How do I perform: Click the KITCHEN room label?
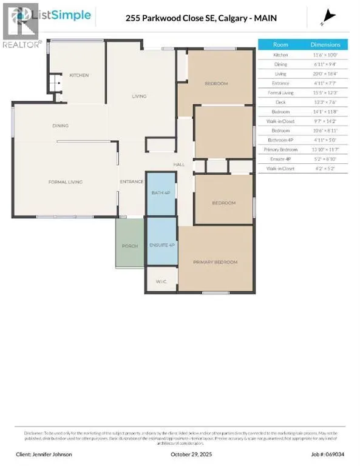79,75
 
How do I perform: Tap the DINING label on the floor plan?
60,126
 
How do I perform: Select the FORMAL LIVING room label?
66,181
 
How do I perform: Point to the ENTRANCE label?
131,181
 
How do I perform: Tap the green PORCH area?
130,245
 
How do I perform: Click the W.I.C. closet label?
161,281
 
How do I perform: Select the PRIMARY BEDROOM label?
215,262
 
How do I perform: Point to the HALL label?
179,164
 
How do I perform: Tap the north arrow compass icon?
330,16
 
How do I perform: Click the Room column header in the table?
280,44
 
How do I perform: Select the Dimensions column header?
329,44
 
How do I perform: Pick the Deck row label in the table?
280,102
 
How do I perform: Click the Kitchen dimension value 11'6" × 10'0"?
329,54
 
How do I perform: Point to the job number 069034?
331,454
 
